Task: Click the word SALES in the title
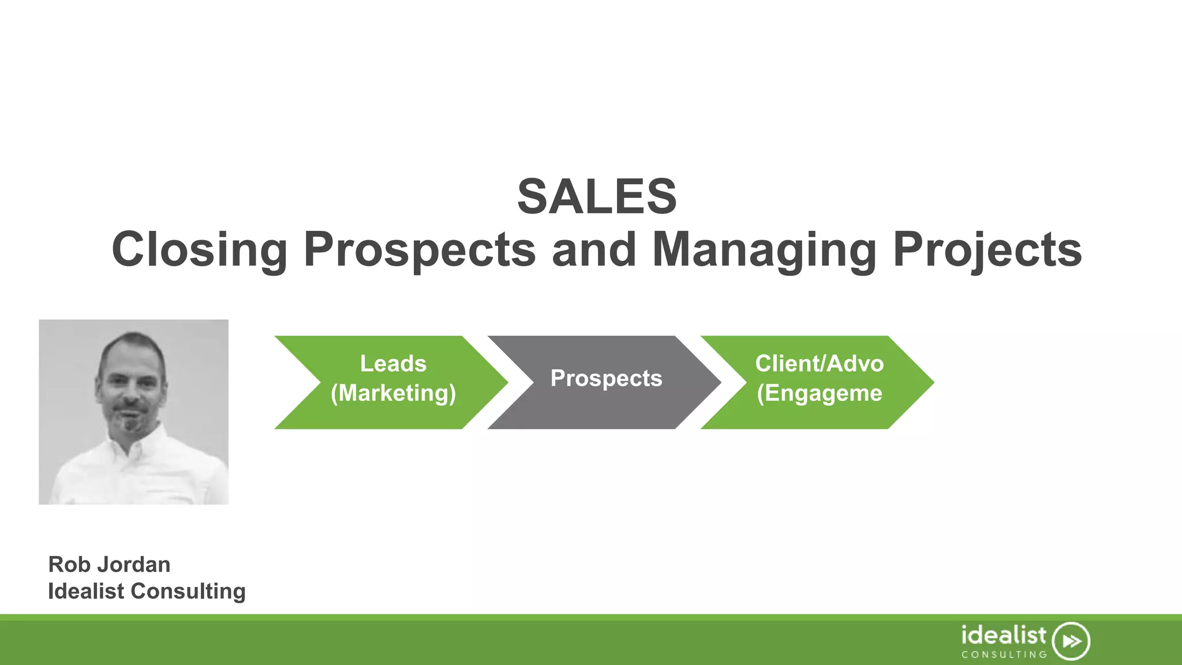pos(597,197)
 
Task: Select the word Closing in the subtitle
pos(199,249)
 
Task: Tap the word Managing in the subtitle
pos(764,249)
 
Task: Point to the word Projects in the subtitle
pos(987,249)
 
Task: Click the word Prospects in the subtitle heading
pos(420,249)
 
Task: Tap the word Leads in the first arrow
pos(393,364)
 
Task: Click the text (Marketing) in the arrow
pos(393,393)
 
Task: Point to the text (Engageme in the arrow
pos(820,393)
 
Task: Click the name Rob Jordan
pos(109,565)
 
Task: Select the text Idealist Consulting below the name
pos(147,591)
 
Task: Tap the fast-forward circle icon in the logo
pos(1071,641)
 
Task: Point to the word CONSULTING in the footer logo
pos(1004,655)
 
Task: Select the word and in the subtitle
pos(594,249)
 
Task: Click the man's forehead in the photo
pos(132,357)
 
